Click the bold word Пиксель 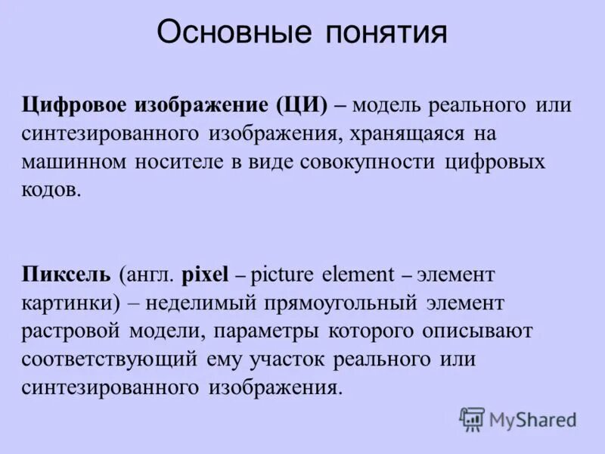[x=67, y=274]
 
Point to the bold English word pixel [x=204, y=275]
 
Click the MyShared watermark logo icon [x=472, y=418]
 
